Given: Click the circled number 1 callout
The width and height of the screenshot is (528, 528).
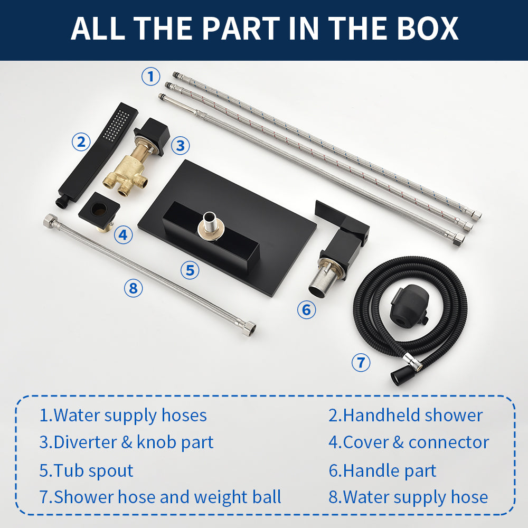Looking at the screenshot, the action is [x=150, y=76].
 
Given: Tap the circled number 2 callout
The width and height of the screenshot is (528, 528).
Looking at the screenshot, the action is [x=81, y=142].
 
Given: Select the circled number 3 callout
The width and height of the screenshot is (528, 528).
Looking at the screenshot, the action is [x=180, y=146].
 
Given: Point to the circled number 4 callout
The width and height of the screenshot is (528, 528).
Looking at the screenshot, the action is [x=123, y=234].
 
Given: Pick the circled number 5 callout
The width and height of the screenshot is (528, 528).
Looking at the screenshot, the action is [x=190, y=270].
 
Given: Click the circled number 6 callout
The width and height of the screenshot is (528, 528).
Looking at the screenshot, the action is [x=306, y=309].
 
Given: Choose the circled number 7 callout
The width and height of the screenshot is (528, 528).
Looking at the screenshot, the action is [x=361, y=362].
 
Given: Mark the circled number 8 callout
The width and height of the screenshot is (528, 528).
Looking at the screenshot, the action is [x=134, y=288].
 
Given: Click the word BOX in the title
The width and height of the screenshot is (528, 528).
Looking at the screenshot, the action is [x=427, y=29].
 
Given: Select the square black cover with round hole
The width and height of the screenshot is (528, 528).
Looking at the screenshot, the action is [x=99, y=210].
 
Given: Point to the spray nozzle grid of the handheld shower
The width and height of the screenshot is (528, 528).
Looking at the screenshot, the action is [x=117, y=125].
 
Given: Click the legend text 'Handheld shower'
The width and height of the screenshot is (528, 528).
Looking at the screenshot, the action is [x=406, y=415].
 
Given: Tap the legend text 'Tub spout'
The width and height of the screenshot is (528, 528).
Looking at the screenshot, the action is [x=86, y=470].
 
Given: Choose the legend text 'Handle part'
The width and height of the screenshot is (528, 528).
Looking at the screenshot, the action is [x=382, y=470].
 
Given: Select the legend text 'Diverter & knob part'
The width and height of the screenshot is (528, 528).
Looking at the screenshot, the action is [x=126, y=442].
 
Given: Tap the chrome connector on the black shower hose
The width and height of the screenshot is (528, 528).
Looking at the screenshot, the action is [x=413, y=362].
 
